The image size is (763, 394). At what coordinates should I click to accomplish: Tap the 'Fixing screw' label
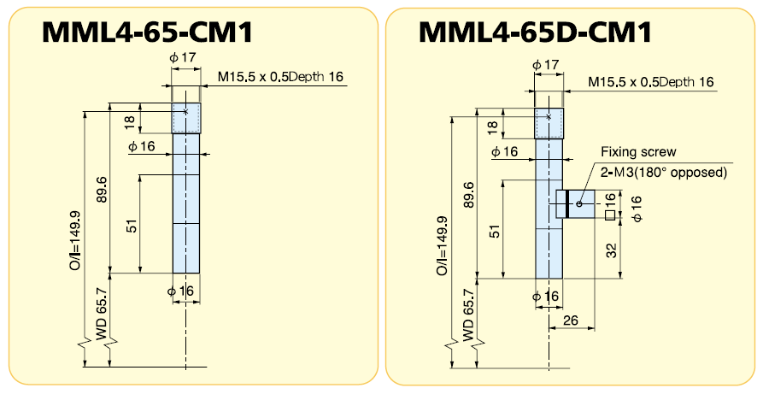(x=638, y=151)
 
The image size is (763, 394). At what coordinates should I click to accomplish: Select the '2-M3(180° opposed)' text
(x=662, y=172)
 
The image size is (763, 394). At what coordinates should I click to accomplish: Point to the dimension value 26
(x=572, y=320)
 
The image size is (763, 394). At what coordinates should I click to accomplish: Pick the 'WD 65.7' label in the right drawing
(x=467, y=320)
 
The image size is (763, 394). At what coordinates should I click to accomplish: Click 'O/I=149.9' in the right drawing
(x=443, y=244)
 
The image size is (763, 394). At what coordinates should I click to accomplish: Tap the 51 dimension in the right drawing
(x=494, y=231)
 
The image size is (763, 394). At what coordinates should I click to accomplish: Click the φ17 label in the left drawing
(x=184, y=59)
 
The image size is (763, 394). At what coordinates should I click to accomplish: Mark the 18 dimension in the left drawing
(x=129, y=122)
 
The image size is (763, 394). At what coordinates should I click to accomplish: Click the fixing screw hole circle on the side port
(x=579, y=203)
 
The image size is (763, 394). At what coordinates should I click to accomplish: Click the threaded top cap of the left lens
(x=186, y=118)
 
